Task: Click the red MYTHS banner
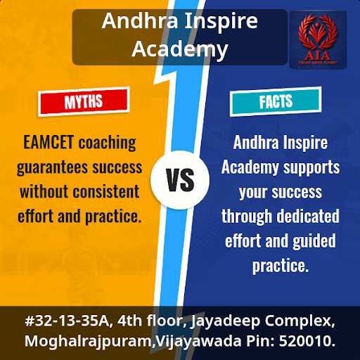84,101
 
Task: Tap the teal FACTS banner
276,101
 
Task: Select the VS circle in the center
180,180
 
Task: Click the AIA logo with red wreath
318,39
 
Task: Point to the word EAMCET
49,142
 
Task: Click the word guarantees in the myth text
53,168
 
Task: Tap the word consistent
106,192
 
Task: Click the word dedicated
308,216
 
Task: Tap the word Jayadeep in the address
226,321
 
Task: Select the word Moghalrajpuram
89,342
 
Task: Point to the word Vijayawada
198,342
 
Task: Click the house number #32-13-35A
67,321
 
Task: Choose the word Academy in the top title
180,49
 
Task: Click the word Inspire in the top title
221,22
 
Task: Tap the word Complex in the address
300,321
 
